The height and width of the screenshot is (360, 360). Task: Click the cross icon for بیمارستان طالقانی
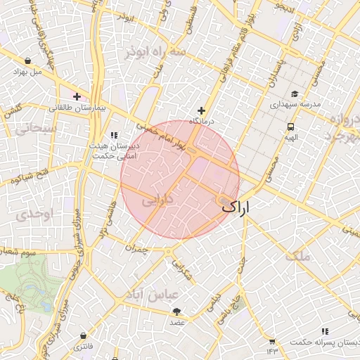[77, 96]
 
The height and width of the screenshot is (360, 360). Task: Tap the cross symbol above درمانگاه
[202, 110]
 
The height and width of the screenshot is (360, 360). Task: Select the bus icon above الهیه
[290, 127]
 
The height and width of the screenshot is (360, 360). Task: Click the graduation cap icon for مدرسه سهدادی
[294, 94]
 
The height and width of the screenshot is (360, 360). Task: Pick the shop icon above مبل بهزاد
[27, 61]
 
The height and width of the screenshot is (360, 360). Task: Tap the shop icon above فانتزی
[84, 336]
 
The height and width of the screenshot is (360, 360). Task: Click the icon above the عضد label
[176, 311]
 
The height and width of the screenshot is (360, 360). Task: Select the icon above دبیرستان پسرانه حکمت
[324, 331]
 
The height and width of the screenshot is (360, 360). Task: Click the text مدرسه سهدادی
[297, 105]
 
